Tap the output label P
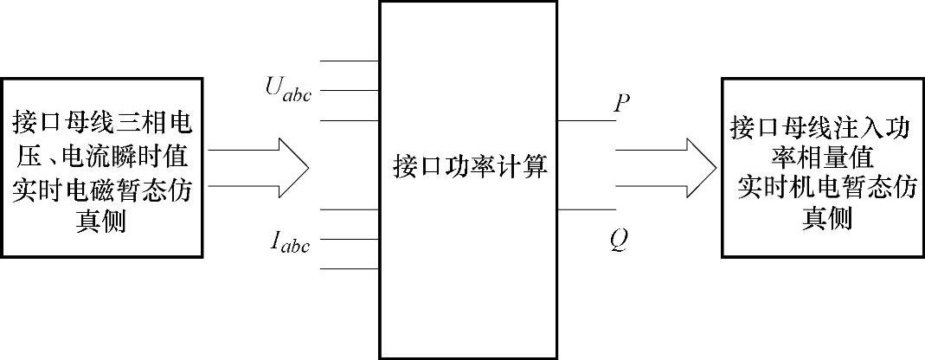coord(620,105)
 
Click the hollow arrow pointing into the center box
coord(260,167)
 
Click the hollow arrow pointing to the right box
coord(665,167)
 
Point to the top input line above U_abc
coord(350,61)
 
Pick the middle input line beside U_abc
coord(350,90)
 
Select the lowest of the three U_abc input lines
coord(350,119)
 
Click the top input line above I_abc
coord(350,209)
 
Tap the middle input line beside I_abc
coord(350,239)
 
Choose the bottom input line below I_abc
coord(350,268)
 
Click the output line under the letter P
coord(585,120)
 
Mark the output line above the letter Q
coord(585,209)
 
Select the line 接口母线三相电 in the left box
coord(103,123)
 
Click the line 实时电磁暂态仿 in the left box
coord(103,189)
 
